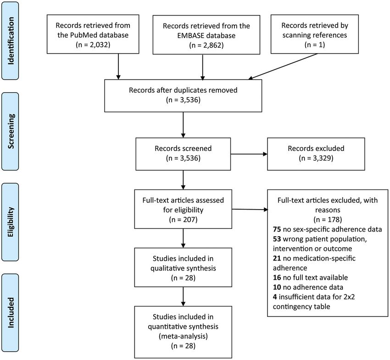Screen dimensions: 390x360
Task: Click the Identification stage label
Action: [11, 41]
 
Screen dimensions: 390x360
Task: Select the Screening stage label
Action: [11, 131]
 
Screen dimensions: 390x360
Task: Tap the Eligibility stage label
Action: [11, 222]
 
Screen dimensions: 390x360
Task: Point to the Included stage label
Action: [11, 312]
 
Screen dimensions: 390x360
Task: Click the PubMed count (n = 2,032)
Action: [93, 45]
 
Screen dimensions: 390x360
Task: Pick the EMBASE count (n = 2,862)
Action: [206, 45]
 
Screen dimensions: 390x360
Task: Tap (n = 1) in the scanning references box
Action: [315, 45]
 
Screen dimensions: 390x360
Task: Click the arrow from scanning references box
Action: [283, 66]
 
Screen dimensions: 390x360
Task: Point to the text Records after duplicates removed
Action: [183, 90]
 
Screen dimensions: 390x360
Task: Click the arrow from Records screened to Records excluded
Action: [249, 154]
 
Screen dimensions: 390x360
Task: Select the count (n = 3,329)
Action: [316, 158]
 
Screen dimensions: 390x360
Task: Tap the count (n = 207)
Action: [183, 220]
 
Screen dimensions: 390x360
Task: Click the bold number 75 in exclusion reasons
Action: [277, 229]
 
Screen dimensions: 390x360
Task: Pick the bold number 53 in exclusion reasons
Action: [277, 239]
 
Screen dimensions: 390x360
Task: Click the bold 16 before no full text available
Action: [277, 277]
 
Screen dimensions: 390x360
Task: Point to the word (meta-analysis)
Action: [183, 336]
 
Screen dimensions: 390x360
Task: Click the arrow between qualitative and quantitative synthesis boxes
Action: [183, 296]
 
